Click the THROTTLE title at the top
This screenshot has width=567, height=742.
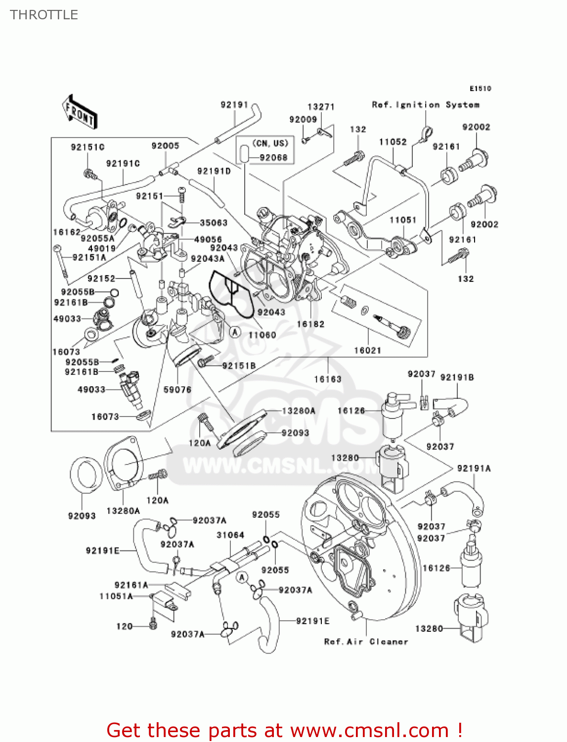(x=44, y=15)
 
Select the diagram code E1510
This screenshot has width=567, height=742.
(x=480, y=89)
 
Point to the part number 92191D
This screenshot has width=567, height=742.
(x=214, y=171)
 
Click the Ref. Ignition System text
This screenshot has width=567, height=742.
(x=425, y=105)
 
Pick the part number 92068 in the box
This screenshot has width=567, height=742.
(x=273, y=157)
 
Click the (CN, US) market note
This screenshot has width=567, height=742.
(x=270, y=143)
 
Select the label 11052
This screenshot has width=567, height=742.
(x=393, y=142)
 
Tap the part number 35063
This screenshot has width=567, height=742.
(x=214, y=223)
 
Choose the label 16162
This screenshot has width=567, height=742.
(x=66, y=232)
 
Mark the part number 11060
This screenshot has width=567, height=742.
(x=262, y=335)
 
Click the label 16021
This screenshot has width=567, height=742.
(x=367, y=350)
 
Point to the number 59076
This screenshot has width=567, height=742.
(x=177, y=390)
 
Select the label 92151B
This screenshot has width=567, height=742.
(x=239, y=366)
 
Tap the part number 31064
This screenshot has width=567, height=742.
(x=230, y=535)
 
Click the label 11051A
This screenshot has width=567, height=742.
(x=116, y=596)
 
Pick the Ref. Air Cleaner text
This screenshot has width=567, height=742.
(x=366, y=642)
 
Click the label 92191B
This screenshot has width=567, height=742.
(x=457, y=377)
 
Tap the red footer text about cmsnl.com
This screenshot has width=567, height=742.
(x=284, y=730)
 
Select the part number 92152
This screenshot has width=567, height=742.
(x=101, y=278)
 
